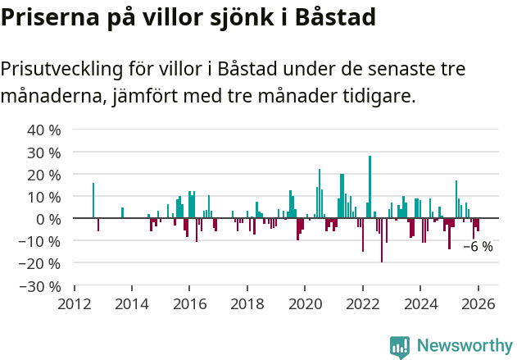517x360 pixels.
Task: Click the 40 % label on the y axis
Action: coord(45,130)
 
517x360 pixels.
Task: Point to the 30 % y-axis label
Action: coord(45,153)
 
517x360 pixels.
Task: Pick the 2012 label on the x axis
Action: coord(75,303)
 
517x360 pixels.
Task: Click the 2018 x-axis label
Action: coord(247,303)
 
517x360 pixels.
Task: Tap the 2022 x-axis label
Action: coord(362,303)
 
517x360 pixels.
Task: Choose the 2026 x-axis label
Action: coord(478,303)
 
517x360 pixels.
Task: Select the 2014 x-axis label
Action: coord(132,303)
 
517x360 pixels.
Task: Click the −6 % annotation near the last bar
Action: coord(478,247)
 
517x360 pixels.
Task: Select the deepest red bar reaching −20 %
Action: coord(382,240)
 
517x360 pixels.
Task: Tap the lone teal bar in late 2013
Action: coord(122,213)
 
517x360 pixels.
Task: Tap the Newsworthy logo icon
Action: coord(400,347)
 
